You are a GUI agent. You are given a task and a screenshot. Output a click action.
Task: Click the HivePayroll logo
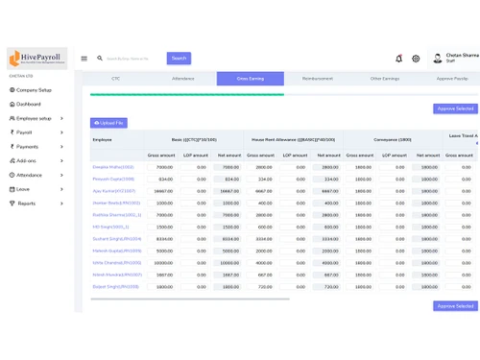pos(36,58)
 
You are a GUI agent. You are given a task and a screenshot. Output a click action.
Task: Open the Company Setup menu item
pos(33,89)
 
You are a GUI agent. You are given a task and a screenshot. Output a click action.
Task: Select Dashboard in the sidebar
pos(28,104)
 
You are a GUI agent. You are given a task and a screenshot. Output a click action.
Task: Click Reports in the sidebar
pos(26,203)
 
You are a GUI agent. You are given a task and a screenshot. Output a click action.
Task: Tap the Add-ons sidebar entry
pos(26,160)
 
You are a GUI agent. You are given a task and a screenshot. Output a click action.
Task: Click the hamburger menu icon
pos(84,59)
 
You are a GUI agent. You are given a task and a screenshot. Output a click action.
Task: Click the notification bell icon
pos(398,59)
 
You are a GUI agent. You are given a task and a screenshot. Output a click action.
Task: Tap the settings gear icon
pos(416,59)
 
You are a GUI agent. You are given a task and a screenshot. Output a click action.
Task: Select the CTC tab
pos(115,79)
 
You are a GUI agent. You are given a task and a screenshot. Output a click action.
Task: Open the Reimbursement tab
pos(318,79)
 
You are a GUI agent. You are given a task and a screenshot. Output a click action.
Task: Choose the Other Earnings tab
pos(385,79)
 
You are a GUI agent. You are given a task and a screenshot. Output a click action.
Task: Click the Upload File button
pos(108,123)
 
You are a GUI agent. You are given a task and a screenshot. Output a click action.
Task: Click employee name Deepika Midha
pos(113,166)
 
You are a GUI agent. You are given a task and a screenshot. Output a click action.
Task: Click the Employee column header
pos(102,140)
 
